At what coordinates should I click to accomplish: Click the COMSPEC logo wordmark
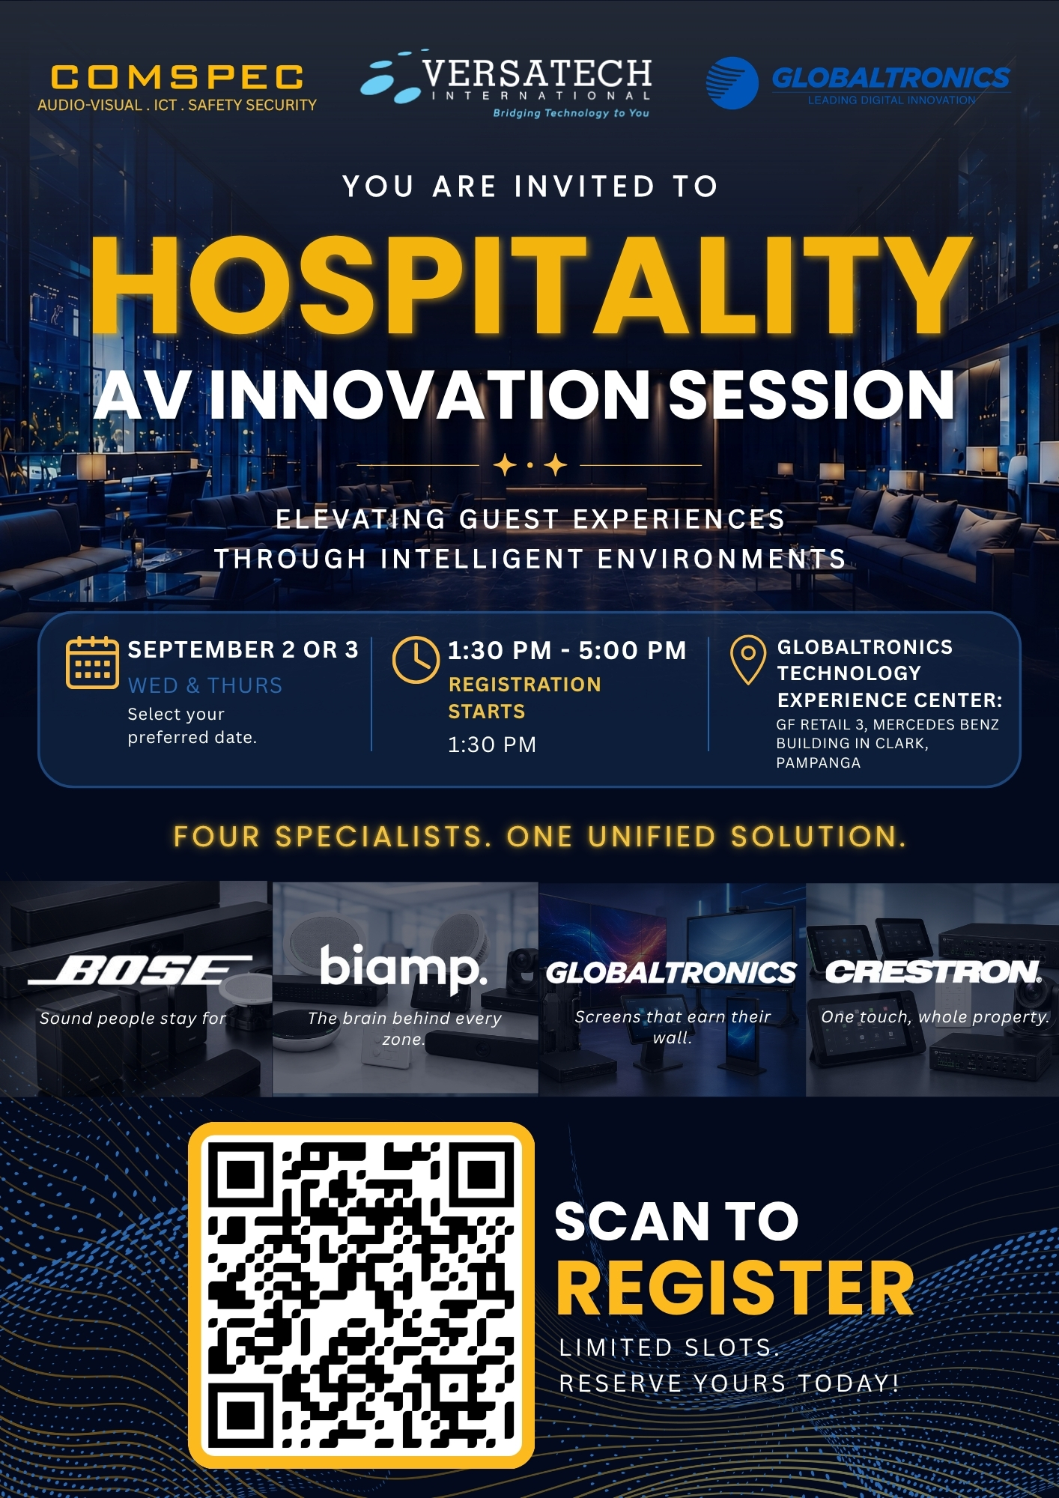177,78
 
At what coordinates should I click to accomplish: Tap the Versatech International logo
506,85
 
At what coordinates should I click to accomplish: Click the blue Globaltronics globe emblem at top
732,82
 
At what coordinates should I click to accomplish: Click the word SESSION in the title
811,395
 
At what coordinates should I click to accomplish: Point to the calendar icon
92,662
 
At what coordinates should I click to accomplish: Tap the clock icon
416,660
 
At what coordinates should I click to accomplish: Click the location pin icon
747,660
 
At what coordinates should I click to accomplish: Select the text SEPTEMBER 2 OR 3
243,649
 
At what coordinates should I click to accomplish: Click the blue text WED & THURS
205,685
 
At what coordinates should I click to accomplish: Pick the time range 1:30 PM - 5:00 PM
567,650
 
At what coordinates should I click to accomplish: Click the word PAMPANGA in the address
819,762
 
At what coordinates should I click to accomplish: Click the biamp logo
404,968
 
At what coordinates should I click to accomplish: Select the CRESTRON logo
933,971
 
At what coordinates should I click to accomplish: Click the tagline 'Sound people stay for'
133,1018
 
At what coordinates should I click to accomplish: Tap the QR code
361,1295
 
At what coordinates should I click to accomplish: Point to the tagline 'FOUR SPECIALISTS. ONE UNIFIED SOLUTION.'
539,837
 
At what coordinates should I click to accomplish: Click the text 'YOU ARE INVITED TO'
530,187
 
